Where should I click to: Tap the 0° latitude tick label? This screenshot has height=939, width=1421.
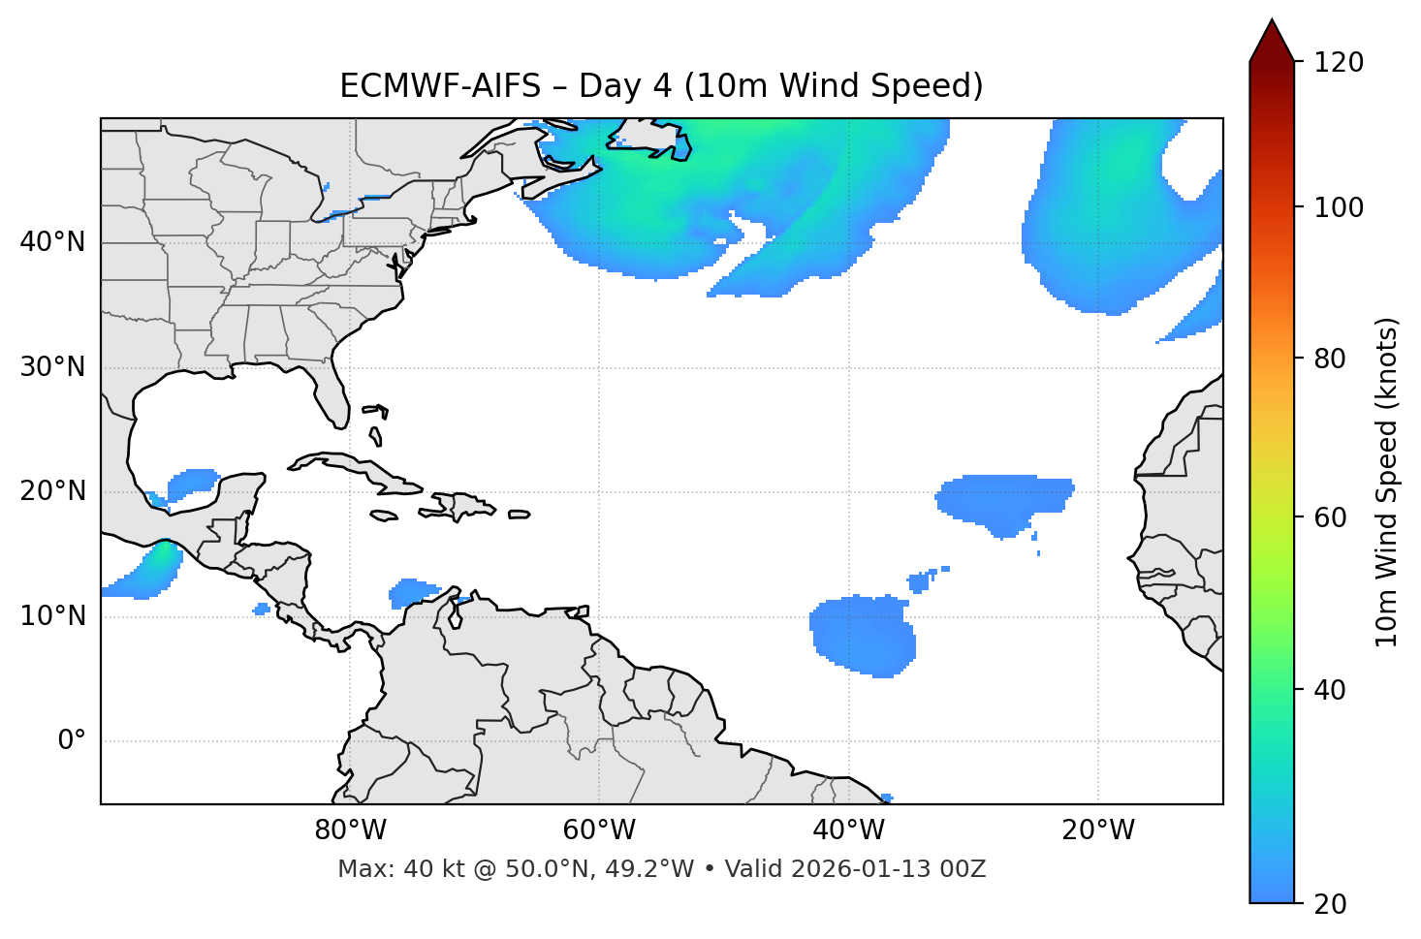coord(72,741)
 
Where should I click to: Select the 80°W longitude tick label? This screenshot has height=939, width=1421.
coord(350,830)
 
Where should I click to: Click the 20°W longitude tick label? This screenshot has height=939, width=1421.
coord(1098,830)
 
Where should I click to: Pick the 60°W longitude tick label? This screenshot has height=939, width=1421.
coord(599,830)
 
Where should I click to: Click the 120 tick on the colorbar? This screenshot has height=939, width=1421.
coord(1339,62)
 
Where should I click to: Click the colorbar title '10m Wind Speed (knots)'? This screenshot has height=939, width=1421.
coord(1386,482)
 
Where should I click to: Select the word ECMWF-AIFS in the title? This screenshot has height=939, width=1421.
coord(439,86)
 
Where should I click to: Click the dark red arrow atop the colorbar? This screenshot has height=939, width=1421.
coord(1271,41)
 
